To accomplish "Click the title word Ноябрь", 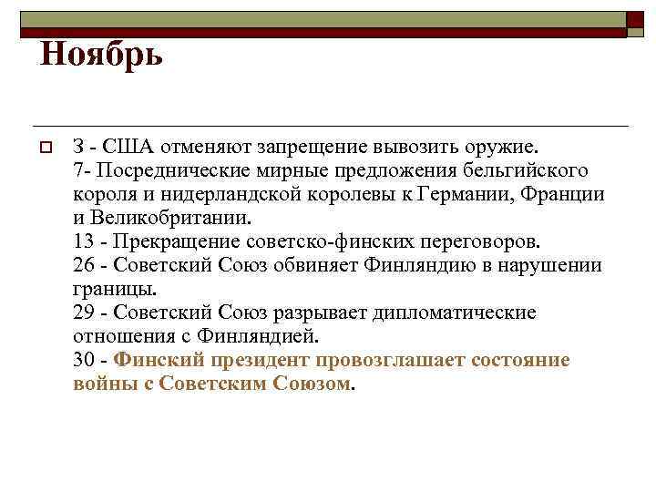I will [101, 56].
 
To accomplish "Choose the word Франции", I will [562, 194].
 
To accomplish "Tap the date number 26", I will [84, 265].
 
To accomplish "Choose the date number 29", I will [84, 313].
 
